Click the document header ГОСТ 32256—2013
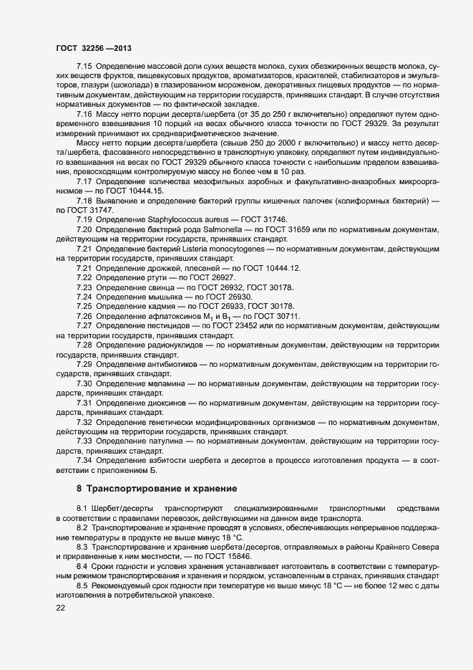tap(94, 47)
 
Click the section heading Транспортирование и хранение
tap(161, 489)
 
